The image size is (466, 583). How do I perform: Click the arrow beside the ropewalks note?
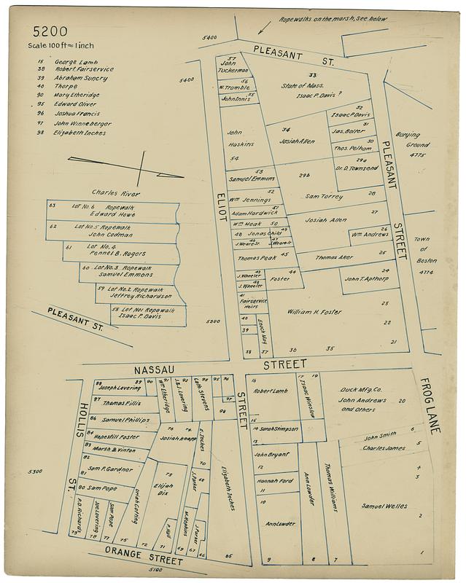coord(263,28)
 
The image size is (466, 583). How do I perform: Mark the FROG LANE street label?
coord(430,407)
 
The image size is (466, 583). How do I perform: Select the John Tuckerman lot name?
coord(233,67)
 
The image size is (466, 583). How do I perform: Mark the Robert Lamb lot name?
coord(271,391)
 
